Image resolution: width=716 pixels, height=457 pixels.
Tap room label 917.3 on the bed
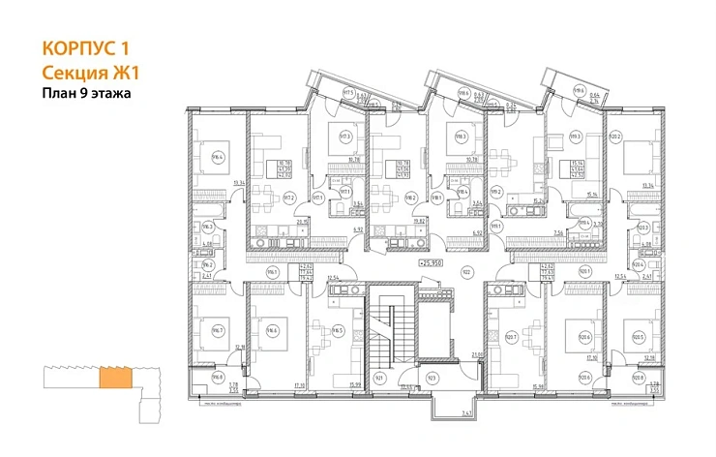(344, 137)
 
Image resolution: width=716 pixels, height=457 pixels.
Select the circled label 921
(379, 377)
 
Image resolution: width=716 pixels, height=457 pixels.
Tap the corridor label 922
(466, 273)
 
